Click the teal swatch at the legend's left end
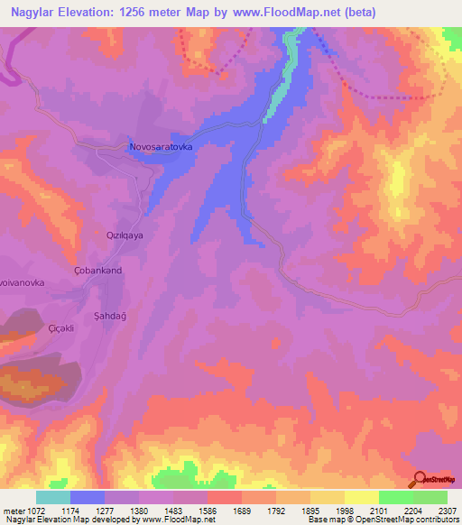coord(53,497)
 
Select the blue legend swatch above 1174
coord(88,497)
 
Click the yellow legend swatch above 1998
coord(361,497)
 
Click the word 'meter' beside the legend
coord(12,511)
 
